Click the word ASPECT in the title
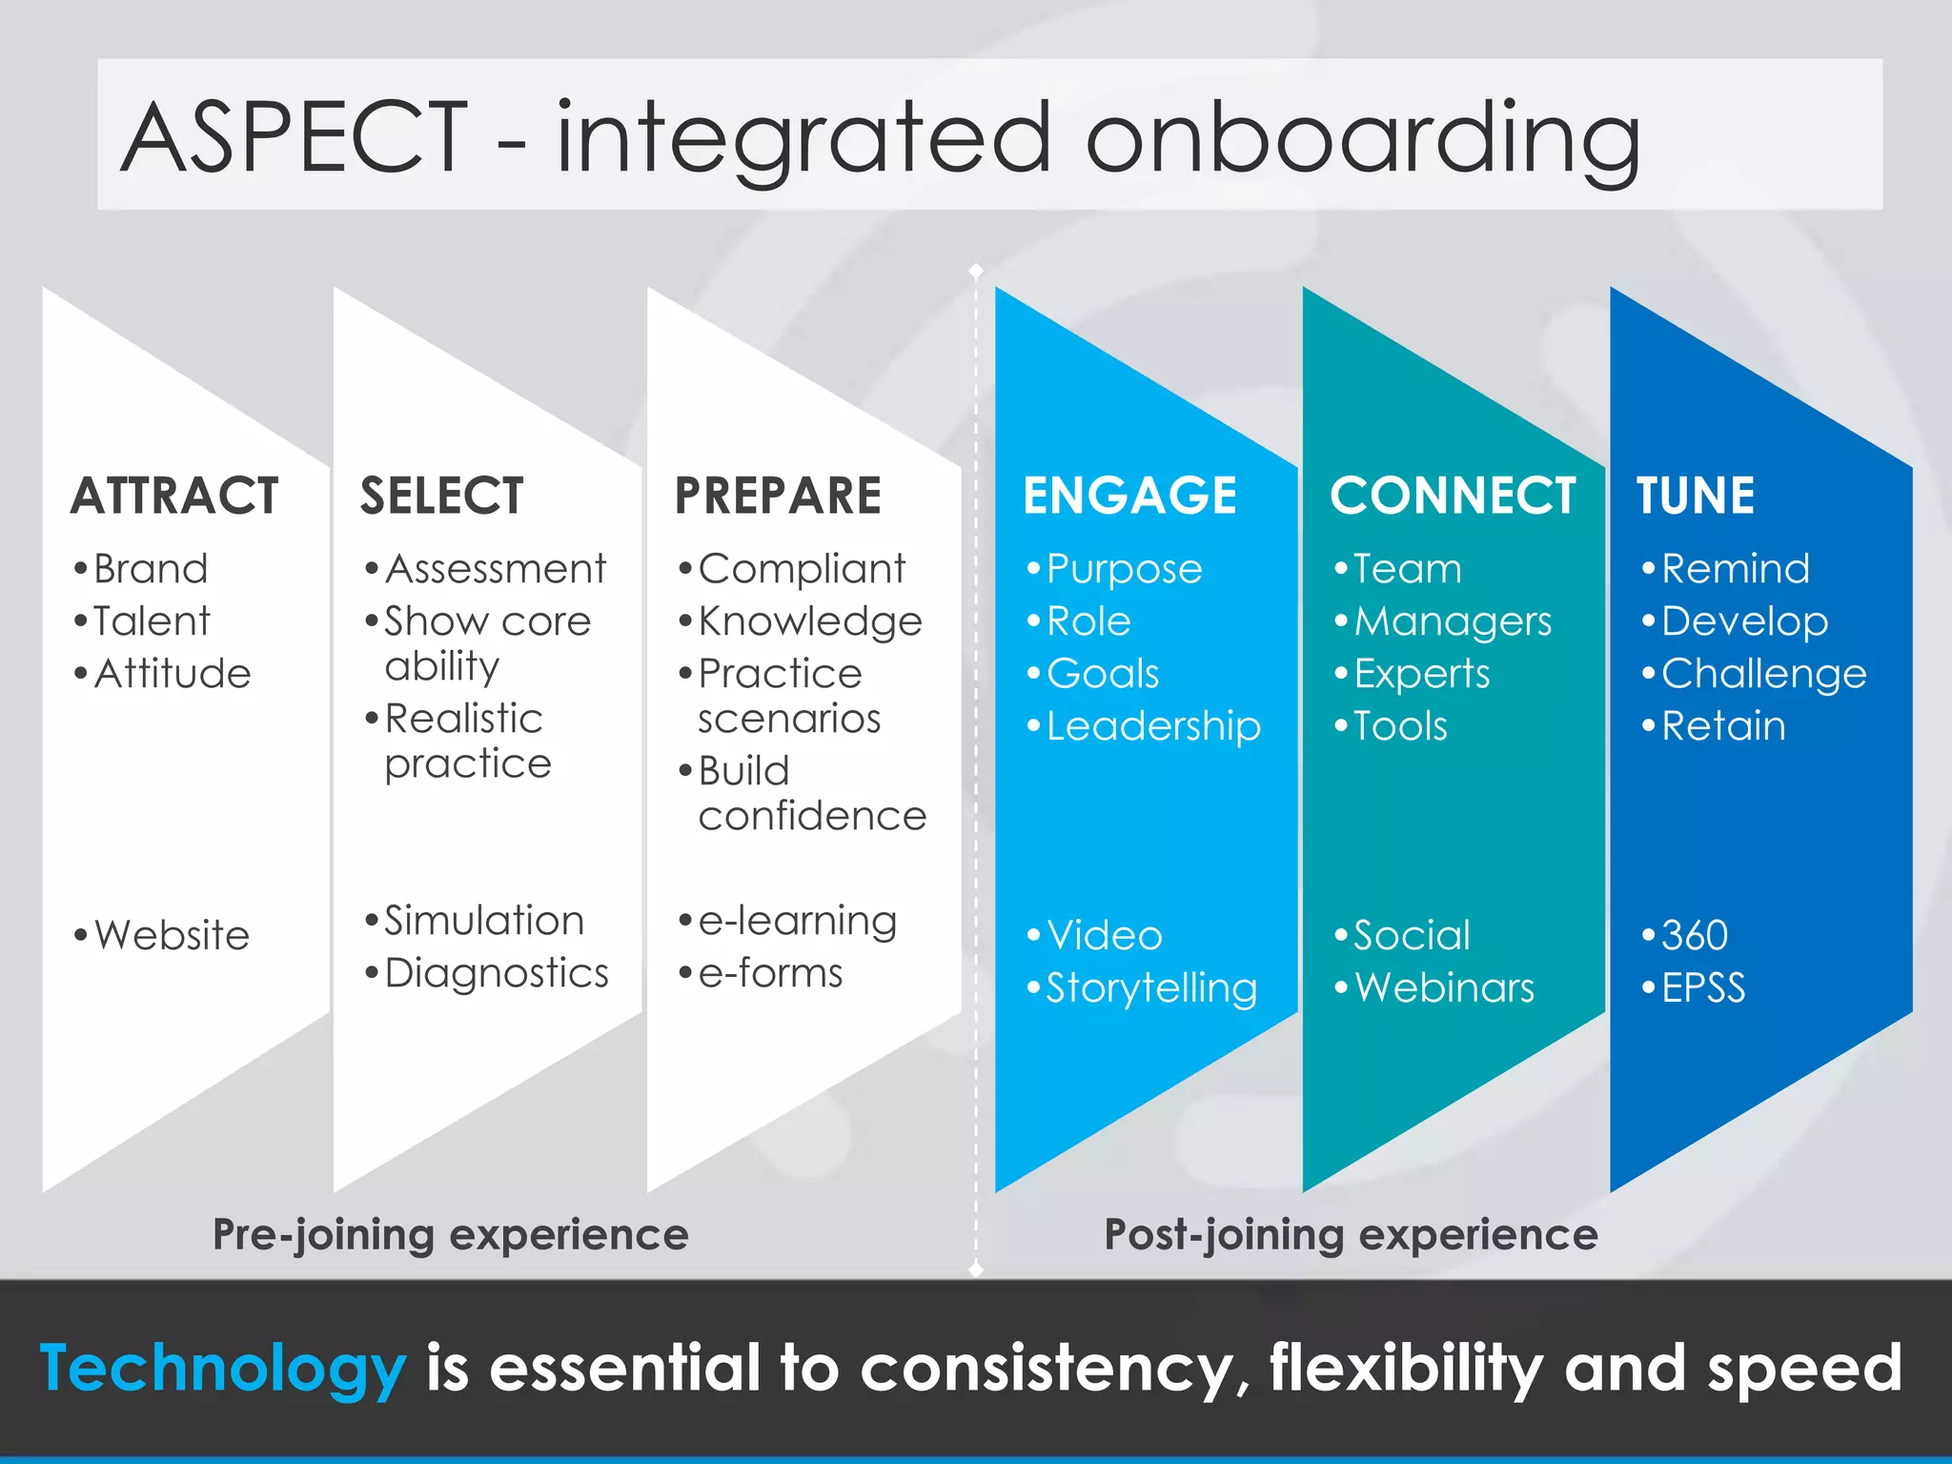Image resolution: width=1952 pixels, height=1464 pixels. [x=295, y=138]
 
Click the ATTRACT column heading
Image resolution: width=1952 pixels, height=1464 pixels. [x=174, y=496]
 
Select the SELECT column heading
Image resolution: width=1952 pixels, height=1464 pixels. [x=441, y=496]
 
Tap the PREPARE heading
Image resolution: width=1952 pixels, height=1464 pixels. [x=778, y=496]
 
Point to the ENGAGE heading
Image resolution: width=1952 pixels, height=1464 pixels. [x=1129, y=496]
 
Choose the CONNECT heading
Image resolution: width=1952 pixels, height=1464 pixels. [x=1453, y=496]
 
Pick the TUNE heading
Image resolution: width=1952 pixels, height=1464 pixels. [x=1696, y=496]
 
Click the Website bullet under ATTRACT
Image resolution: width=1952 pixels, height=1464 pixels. [x=172, y=935]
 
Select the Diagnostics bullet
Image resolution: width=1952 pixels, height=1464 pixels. [x=496, y=973]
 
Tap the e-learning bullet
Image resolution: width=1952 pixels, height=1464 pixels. [x=797, y=921]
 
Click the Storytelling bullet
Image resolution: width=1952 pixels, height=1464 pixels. [x=1151, y=987]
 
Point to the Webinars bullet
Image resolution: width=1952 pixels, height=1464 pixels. [x=1444, y=987]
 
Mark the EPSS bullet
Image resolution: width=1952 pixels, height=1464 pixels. [x=1703, y=987]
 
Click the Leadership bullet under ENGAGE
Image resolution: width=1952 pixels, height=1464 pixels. [x=1153, y=726]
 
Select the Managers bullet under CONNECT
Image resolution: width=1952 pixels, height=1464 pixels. [x=1453, y=621]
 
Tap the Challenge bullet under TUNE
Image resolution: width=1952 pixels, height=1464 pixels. [x=1763, y=674]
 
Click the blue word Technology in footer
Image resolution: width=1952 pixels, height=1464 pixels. [x=223, y=1369]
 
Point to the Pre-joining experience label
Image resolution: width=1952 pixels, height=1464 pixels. [x=450, y=1235]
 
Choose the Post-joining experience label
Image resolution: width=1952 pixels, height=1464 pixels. [x=1351, y=1235]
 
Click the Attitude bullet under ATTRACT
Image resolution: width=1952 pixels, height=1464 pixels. [x=173, y=674]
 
